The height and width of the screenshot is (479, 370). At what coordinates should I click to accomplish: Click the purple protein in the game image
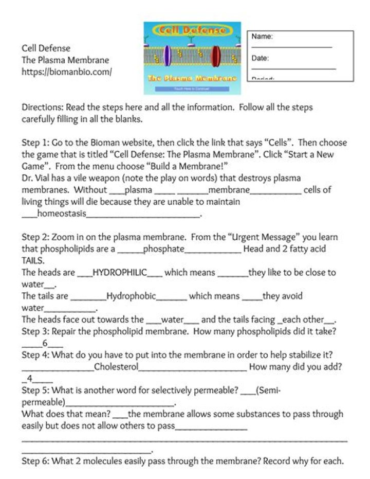coord(167,55)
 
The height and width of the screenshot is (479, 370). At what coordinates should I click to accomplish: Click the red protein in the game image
coord(216,55)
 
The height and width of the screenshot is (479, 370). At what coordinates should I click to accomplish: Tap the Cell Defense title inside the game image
coord(192,30)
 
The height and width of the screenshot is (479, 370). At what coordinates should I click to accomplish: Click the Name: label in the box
coord(262,37)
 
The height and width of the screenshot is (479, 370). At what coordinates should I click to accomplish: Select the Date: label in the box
coord(260,59)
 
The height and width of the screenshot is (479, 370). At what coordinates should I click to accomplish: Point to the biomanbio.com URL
coord(66,72)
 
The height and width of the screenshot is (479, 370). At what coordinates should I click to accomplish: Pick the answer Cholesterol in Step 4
coord(116,367)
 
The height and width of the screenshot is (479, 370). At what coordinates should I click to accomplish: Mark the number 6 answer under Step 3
coord(45,344)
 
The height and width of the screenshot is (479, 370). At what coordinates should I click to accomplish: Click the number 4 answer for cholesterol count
coord(30,379)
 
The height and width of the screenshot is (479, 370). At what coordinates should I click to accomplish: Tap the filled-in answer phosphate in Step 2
coord(163,249)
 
